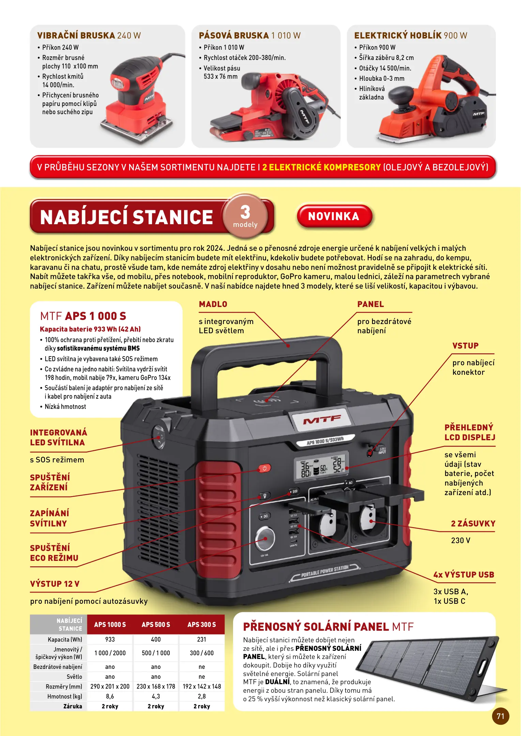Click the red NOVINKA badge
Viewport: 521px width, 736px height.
tap(334, 216)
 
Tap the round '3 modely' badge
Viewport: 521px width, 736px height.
tap(245, 216)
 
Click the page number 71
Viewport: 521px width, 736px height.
tap(500, 716)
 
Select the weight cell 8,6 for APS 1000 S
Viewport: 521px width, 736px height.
tap(110, 696)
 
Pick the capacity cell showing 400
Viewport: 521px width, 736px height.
tap(156, 640)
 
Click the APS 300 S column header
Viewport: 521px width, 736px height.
tap(202, 625)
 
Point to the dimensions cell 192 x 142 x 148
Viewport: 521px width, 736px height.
tap(202, 687)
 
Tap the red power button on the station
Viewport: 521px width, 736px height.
tap(264, 468)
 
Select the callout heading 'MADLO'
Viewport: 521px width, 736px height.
tap(213, 304)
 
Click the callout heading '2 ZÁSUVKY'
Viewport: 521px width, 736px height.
tap(473, 524)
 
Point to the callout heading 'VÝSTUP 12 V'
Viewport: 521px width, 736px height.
tap(55, 584)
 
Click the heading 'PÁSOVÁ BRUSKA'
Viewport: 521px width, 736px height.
tap(234, 35)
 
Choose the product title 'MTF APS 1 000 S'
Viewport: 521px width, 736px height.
tap(83, 316)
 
